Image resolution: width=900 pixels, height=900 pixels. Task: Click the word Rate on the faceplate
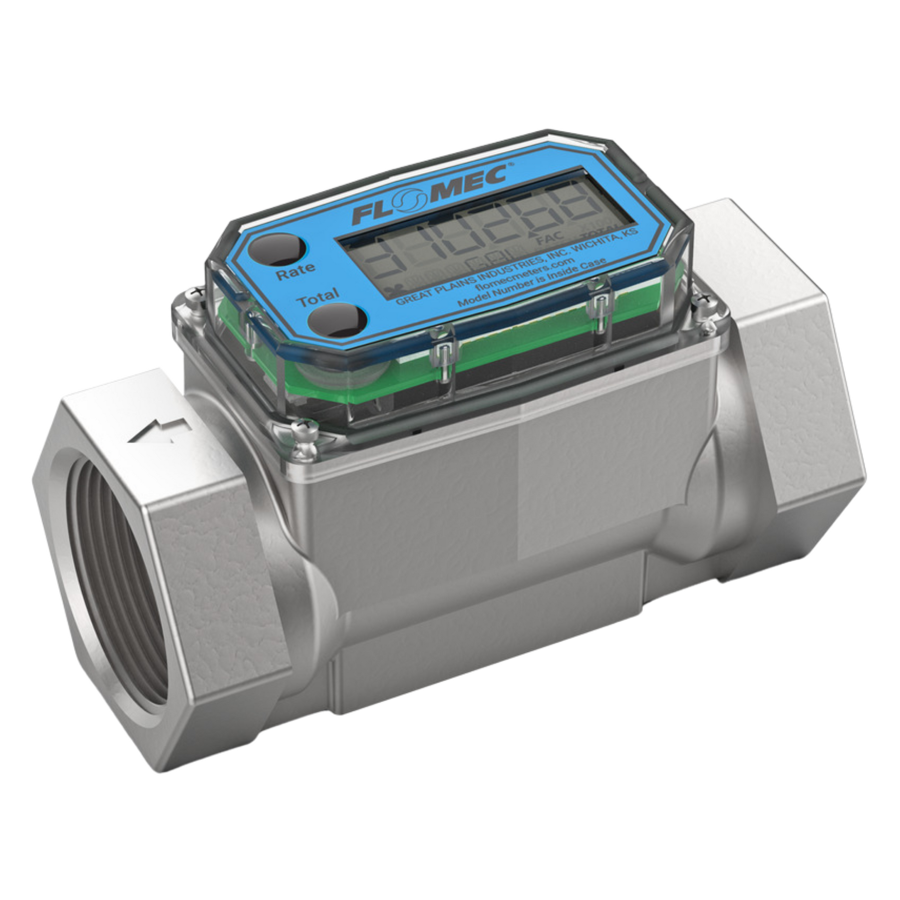296,271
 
